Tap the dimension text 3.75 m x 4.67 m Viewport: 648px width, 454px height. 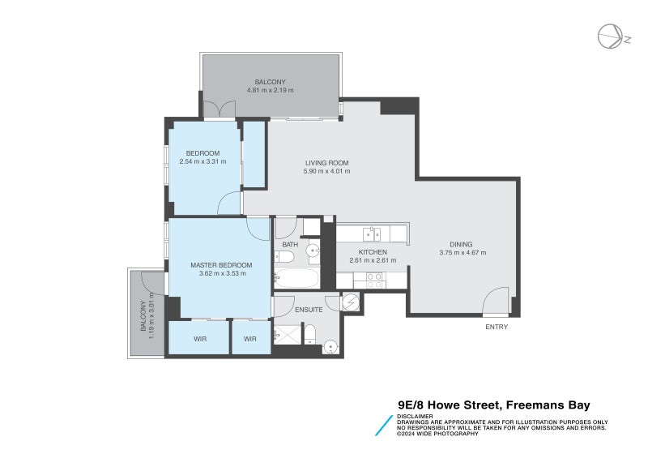pos(462,253)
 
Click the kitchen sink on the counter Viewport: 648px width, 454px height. pos(372,235)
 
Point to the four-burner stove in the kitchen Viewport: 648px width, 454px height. pos(374,281)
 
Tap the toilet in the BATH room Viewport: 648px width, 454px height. pos(284,258)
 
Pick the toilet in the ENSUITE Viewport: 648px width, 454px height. pos(309,332)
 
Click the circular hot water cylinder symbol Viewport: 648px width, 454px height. pos(350,302)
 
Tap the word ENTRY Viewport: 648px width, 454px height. pos(496,327)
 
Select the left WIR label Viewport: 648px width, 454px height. pos(199,339)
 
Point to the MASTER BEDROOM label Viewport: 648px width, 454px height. pos(221,265)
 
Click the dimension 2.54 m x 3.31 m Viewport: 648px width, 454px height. pos(202,161)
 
